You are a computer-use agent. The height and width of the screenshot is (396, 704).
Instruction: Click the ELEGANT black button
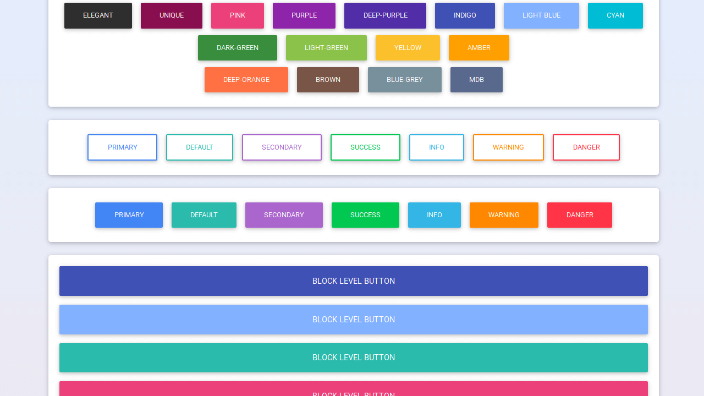[x=98, y=15]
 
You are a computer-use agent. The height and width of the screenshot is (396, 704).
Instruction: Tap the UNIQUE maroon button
[x=172, y=15]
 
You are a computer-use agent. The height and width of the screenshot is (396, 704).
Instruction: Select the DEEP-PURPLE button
[x=385, y=15]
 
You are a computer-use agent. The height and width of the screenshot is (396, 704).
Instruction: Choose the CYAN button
[x=615, y=15]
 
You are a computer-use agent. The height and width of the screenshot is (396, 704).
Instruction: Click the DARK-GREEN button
[x=237, y=48]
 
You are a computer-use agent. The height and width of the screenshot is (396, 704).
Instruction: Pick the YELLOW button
[x=408, y=48]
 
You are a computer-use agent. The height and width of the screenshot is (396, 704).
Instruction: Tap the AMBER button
[x=479, y=48]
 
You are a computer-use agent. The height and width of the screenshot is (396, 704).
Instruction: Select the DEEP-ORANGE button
[x=246, y=80]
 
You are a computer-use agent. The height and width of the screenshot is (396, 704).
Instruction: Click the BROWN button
[x=328, y=80]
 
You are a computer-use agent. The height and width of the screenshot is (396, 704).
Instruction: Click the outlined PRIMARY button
[x=122, y=147]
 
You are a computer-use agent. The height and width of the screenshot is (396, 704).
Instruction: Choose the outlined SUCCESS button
[x=365, y=147]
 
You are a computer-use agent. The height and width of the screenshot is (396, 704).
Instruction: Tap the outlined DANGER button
[x=586, y=147]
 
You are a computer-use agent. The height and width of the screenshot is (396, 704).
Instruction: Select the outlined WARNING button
[x=508, y=147]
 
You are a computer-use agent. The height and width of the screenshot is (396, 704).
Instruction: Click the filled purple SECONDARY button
[x=284, y=215]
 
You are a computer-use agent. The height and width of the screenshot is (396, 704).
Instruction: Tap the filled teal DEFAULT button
[x=204, y=215]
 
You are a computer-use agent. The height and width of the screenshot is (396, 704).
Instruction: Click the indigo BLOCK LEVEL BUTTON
[x=353, y=281]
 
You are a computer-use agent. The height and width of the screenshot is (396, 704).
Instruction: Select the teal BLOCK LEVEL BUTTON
[x=353, y=358]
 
